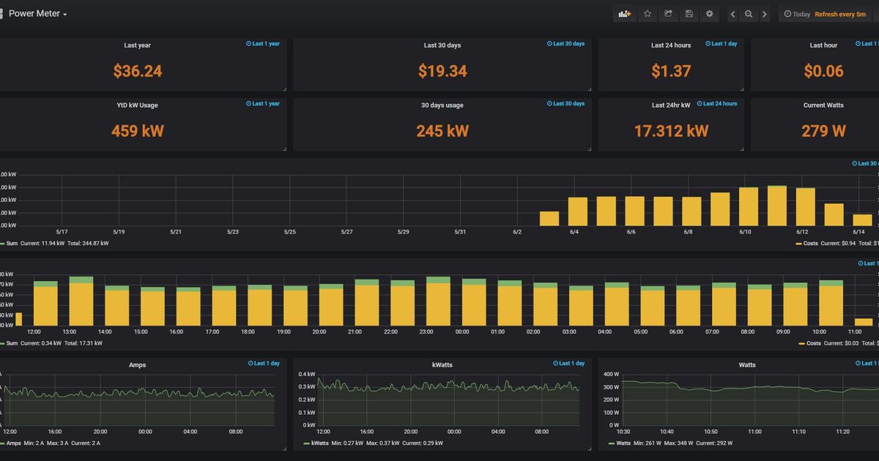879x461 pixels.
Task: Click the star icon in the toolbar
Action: pyautogui.click(x=647, y=14)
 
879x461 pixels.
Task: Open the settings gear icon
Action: pyautogui.click(x=709, y=14)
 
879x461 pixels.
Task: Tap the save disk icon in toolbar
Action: pyautogui.click(x=689, y=14)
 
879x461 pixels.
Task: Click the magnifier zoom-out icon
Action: pyautogui.click(x=748, y=14)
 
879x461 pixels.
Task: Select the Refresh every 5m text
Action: pyautogui.click(x=839, y=15)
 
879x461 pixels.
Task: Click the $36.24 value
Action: pyautogui.click(x=138, y=71)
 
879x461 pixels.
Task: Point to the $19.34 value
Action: pyautogui.click(x=442, y=71)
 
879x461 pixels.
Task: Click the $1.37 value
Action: pyautogui.click(x=671, y=71)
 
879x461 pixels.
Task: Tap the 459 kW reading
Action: pyautogui.click(x=138, y=131)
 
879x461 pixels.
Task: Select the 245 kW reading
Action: pyautogui.click(x=442, y=131)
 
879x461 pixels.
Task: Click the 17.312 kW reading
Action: pyautogui.click(x=671, y=131)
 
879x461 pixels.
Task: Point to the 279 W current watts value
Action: pyautogui.click(x=823, y=131)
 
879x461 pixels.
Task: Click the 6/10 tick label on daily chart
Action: pyautogui.click(x=745, y=232)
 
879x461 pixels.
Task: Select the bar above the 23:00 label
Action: pyautogui.click(x=438, y=301)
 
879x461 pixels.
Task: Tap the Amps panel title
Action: pyautogui.click(x=138, y=364)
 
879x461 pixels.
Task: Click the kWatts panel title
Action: pyautogui.click(x=442, y=364)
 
